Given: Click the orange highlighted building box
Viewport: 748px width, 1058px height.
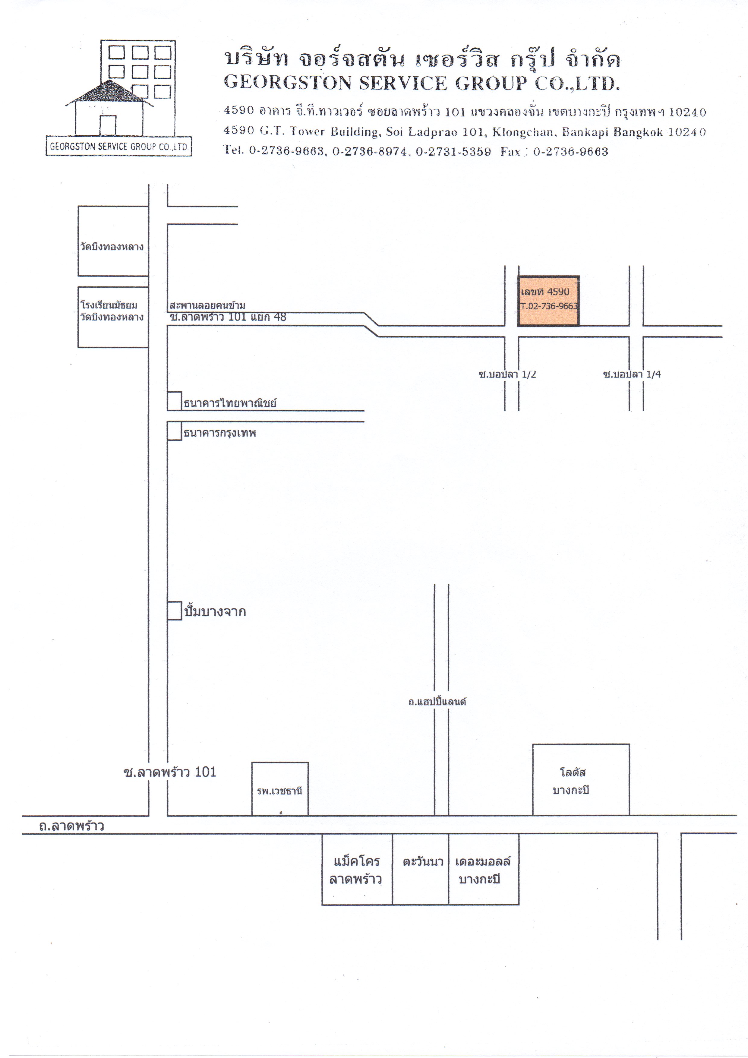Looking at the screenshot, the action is click(548, 302).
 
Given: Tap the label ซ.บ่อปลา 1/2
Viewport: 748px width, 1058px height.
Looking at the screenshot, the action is click(507, 374).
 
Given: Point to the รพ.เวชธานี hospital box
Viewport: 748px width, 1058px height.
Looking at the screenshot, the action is click(280, 788).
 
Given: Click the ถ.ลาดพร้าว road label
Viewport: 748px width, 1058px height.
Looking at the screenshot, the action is click(71, 826).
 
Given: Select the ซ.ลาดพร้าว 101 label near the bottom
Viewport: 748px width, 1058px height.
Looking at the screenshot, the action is click(170, 772).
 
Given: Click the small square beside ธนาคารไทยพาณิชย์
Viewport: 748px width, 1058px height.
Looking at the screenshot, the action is click(174, 401).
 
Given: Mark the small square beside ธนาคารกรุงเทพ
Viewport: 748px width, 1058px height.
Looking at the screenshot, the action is click(174, 431).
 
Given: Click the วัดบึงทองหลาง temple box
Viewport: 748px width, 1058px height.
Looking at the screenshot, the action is click(113, 241).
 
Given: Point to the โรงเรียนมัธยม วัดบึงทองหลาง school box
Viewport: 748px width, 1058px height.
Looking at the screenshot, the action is click(113, 317).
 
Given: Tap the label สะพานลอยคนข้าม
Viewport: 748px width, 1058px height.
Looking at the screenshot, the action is click(207, 305).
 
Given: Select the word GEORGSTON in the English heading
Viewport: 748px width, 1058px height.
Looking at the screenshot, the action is click(288, 83).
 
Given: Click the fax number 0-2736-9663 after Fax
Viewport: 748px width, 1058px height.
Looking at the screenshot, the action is click(570, 152).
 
